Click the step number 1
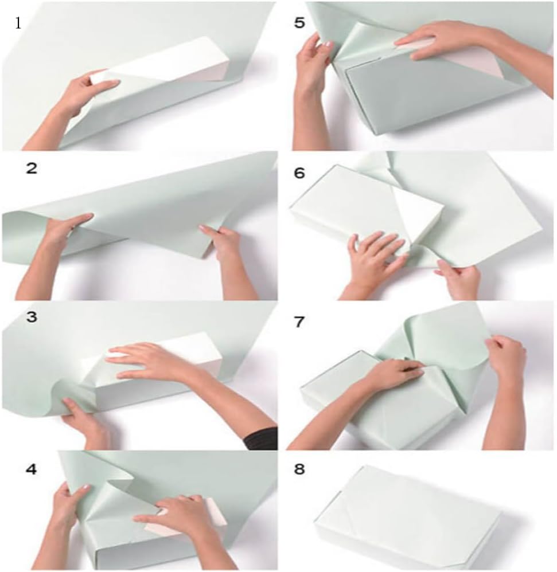coord(18,23)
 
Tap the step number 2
coord(32,169)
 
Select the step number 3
coord(32,317)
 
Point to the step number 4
coord(32,469)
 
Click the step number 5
coord(299,22)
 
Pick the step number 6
coord(299,173)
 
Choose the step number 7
coord(299,322)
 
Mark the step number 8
coord(299,469)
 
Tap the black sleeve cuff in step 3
coord(262,439)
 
